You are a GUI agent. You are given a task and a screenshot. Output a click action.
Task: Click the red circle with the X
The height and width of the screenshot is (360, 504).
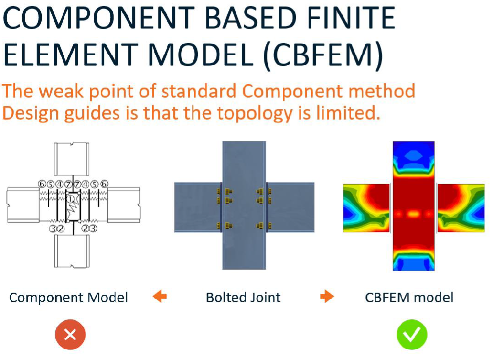(x=70, y=335)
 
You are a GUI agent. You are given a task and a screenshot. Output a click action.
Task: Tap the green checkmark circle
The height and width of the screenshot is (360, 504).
(x=412, y=335)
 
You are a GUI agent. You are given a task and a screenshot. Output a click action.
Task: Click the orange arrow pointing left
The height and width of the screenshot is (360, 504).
(x=160, y=296)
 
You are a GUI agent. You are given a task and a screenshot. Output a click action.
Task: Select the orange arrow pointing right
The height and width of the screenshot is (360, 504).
(x=327, y=296)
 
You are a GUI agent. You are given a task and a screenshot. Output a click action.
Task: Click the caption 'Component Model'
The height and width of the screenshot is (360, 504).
(x=68, y=297)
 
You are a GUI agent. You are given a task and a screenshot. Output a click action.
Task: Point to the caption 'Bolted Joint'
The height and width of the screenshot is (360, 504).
(x=243, y=297)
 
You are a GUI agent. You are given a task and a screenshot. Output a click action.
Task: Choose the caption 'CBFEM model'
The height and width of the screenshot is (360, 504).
(x=409, y=297)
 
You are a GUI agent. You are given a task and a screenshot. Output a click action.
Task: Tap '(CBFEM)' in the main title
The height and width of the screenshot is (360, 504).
(x=323, y=54)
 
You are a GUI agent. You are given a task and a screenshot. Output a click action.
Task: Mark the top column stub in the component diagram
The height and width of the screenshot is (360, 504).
(x=71, y=159)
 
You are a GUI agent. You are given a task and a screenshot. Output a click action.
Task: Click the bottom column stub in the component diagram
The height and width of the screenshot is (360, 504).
(x=71, y=251)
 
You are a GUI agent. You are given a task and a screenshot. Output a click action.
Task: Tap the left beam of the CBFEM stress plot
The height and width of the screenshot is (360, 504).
(x=366, y=208)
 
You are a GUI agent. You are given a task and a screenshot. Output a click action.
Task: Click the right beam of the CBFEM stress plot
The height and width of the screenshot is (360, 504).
(x=461, y=208)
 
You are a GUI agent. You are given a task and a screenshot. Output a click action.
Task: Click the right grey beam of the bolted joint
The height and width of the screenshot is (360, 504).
(x=290, y=207)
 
